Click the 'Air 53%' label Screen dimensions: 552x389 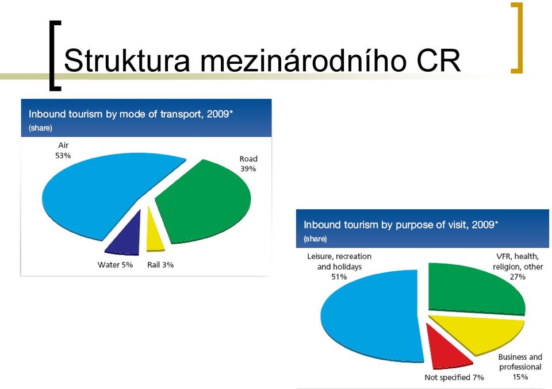[x=63, y=150]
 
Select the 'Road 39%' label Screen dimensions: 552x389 [x=248, y=164]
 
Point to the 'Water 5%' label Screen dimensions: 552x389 [x=115, y=265]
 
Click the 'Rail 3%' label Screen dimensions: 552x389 [x=160, y=265]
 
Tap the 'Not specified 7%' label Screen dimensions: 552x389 [x=454, y=378]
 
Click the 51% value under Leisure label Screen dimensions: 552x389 [x=339, y=277]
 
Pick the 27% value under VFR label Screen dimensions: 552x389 [x=517, y=277]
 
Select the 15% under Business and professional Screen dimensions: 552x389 [x=520, y=377]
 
